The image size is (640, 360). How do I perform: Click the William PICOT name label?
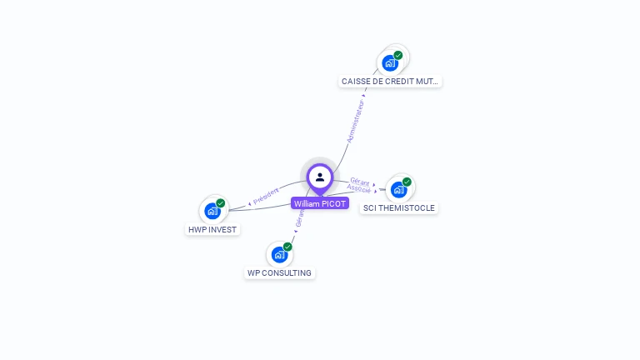(x=320, y=203)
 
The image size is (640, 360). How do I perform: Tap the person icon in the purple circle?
(x=320, y=177)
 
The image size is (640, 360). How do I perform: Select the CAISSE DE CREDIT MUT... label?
(x=391, y=82)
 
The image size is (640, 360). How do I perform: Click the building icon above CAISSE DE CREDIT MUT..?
(x=389, y=63)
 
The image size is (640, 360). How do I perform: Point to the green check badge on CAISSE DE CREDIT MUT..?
(x=398, y=55)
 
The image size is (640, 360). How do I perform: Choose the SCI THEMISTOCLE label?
(x=398, y=208)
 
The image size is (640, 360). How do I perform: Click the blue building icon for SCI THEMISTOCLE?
(x=397, y=190)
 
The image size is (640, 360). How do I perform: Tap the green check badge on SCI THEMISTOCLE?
(x=407, y=182)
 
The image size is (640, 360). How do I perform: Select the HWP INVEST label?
(x=212, y=229)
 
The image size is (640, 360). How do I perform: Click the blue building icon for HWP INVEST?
(x=212, y=212)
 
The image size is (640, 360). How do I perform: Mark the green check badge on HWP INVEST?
(x=221, y=203)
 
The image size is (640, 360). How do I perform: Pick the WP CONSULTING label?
(x=279, y=272)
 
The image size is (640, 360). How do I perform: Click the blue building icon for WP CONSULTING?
(x=278, y=255)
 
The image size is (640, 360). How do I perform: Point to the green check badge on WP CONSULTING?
(x=287, y=247)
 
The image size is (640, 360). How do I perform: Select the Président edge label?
(x=266, y=197)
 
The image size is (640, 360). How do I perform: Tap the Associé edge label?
(x=359, y=189)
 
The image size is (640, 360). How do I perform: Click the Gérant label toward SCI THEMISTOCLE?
(x=360, y=181)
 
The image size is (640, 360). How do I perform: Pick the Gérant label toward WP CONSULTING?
(x=300, y=219)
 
